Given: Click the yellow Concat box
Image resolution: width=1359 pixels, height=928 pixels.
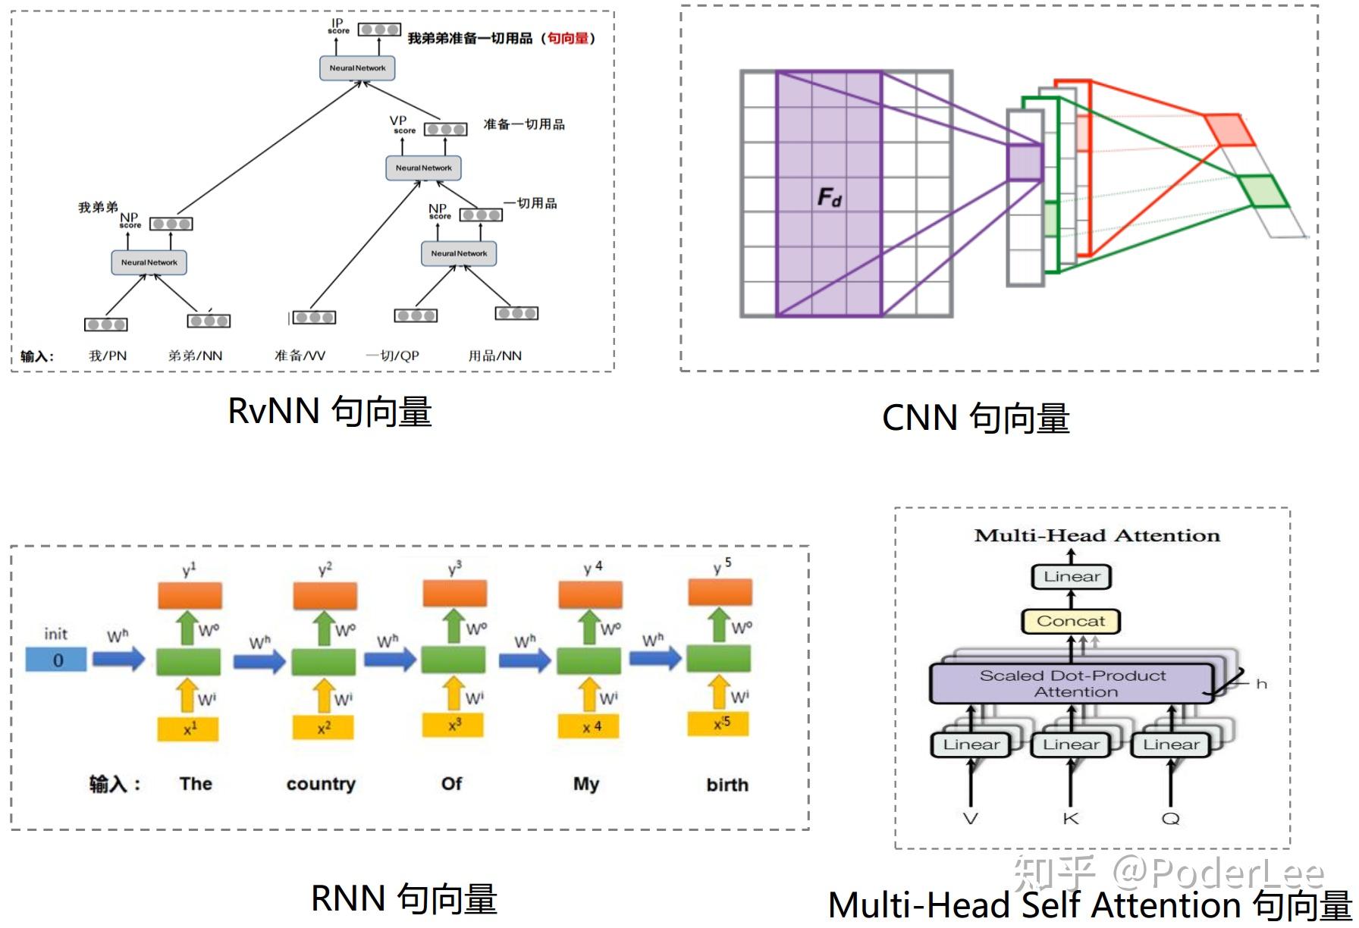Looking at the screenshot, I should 1071,621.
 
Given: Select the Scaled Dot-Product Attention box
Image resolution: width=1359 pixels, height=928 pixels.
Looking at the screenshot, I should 1072,683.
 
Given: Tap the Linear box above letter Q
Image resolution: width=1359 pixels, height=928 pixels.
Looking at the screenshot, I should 1171,745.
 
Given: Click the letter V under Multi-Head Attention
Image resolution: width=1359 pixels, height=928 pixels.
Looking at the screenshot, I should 970,818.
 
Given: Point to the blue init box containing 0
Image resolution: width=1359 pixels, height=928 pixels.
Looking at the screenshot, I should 57,660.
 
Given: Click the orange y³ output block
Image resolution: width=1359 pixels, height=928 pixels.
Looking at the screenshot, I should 454,594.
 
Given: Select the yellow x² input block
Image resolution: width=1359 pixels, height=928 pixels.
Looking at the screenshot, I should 324,728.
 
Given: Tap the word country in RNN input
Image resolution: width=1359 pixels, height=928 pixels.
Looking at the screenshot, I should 321,784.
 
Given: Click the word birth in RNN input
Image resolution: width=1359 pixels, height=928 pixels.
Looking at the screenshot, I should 727,785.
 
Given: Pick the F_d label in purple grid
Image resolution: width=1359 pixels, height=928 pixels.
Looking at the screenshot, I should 829,198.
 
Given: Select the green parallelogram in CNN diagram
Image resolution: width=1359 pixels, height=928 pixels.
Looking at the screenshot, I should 1263,191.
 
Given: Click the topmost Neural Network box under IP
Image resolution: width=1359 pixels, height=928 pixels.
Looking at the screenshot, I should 357,68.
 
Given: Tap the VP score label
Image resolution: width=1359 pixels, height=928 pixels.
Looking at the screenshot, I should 401,124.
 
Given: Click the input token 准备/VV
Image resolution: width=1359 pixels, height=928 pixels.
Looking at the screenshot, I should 300,356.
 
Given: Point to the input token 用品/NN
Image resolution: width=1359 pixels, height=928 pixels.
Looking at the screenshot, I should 494,356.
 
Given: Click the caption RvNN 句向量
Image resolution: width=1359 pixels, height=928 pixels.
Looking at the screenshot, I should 330,412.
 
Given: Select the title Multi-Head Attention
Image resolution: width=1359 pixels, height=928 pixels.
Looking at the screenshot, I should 1097,536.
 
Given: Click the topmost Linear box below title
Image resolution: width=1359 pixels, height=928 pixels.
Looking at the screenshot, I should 1071,577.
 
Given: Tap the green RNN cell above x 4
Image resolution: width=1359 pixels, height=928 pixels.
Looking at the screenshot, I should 588,660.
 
